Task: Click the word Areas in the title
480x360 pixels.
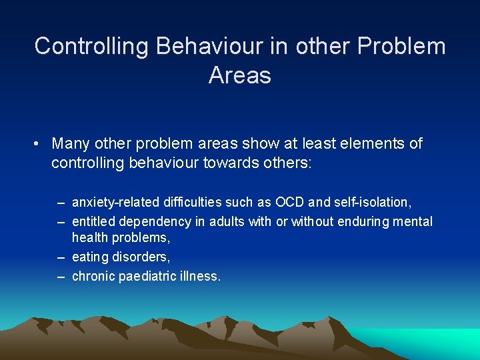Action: pyautogui.click(x=239, y=75)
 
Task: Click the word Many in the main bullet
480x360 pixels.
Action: pyautogui.click(x=71, y=144)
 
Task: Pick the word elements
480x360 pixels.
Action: pyautogui.click(x=358, y=144)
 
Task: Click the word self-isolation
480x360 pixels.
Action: pyautogui.click(x=371, y=202)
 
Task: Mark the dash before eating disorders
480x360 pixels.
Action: pyautogui.click(x=61, y=257)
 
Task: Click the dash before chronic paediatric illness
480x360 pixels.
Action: pyautogui.click(x=61, y=275)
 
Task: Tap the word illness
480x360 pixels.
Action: pyautogui.click(x=199, y=275)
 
